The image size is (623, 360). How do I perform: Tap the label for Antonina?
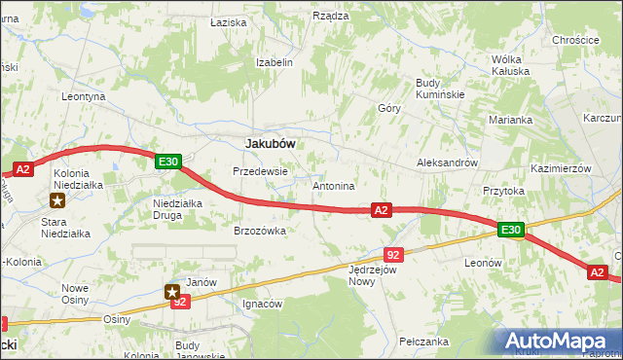click(333, 185)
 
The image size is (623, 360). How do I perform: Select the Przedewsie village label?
click(260, 171)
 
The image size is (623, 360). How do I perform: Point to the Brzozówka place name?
click(259, 231)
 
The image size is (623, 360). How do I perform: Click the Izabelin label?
click(274, 61)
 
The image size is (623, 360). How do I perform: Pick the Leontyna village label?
click(83, 97)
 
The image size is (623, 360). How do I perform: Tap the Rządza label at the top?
click(330, 16)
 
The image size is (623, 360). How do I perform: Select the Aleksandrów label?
click(447, 162)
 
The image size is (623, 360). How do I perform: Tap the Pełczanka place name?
click(423, 342)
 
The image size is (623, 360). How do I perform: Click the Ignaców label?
click(262, 304)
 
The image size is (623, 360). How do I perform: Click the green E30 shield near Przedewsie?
click(167, 162)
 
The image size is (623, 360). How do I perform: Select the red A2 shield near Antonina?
click(381, 209)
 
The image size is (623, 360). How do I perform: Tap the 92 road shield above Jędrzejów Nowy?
click(393, 253)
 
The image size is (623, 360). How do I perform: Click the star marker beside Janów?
click(172, 290)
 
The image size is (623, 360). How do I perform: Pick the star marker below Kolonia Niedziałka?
click(57, 201)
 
